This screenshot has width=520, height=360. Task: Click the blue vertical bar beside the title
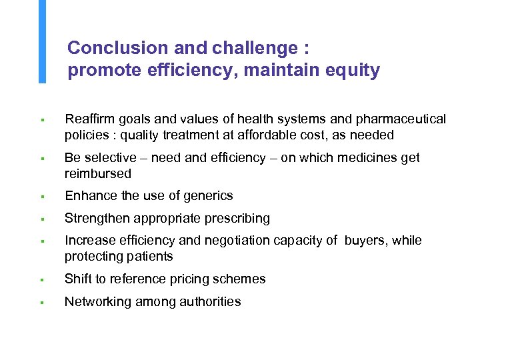coord(42,41)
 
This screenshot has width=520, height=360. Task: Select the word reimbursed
coord(98,173)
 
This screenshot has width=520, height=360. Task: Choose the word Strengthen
coord(97,218)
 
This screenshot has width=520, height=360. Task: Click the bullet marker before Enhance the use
coord(41,197)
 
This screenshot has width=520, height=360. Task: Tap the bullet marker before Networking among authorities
coord(41,302)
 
